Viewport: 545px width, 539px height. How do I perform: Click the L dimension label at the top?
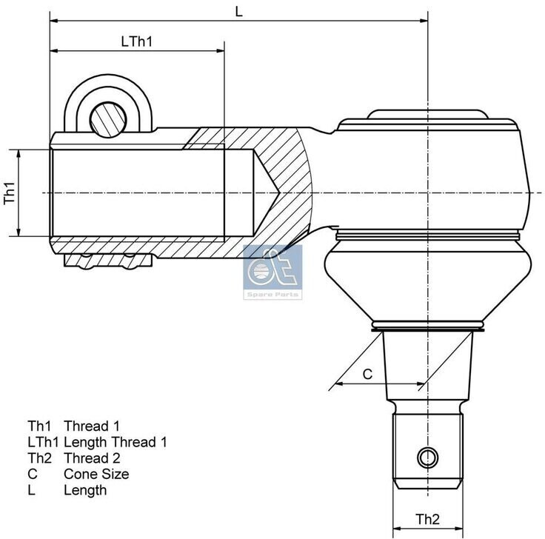click(238, 11)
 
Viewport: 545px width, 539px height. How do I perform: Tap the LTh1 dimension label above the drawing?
click(137, 41)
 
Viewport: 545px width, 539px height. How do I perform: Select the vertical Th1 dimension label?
click(10, 193)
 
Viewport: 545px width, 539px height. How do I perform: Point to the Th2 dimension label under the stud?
click(427, 519)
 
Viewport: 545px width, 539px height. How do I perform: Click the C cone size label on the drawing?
click(367, 374)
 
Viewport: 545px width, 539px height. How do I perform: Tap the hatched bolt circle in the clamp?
click(108, 119)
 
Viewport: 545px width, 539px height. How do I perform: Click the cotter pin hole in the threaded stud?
click(427, 458)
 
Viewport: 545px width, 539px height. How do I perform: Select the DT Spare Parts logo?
click(272, 272)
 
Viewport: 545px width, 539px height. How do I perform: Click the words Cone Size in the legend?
click(96, 474)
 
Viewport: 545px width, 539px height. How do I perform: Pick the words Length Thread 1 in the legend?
click(116, 442)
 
